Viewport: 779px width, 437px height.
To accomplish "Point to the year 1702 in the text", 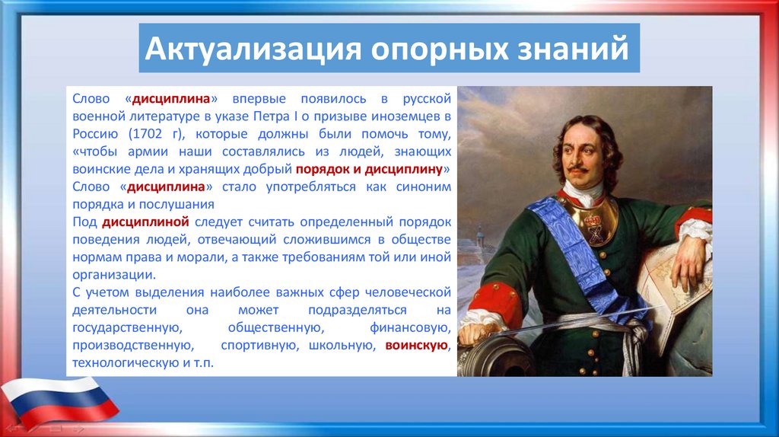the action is (x=145, y=134).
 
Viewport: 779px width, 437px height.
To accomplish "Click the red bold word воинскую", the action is (x=416, y=345).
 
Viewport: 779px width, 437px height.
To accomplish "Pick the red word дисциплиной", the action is (x=145, y=222).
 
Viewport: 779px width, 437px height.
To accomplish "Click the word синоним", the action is (x=424, y=187).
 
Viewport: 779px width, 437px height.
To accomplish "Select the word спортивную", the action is (x=259, y=346).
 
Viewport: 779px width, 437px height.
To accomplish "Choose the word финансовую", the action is (x=410, y=328).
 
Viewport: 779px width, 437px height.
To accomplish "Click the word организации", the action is (x=114, y=275).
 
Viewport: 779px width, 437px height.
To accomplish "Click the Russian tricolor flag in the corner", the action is (x=59, y=400).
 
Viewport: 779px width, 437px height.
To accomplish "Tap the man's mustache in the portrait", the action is (x=579, y=170).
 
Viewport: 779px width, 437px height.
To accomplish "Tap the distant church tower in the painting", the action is (x=480, y=237).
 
